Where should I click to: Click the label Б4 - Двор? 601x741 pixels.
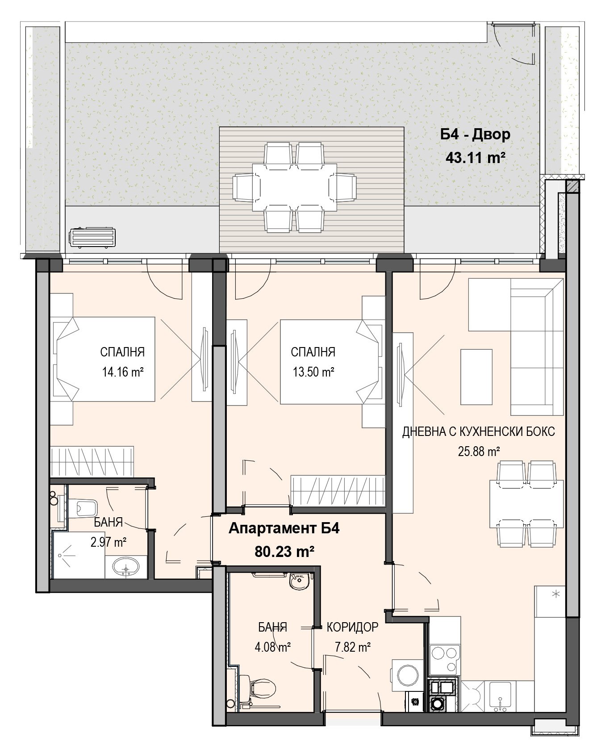(475, 134)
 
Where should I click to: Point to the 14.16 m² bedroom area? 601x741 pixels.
(122, 372)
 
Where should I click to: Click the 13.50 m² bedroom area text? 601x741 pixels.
(313, 372)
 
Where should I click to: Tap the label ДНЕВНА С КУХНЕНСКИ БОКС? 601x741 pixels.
(479, 432)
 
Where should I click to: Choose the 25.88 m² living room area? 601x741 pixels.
(479, 452)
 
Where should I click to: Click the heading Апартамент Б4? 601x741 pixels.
(284, 528)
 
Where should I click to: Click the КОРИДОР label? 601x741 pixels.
(352, 627)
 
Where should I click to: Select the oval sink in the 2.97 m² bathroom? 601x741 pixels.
(127, 567)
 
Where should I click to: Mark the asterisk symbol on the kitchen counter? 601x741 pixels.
(556, 594)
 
